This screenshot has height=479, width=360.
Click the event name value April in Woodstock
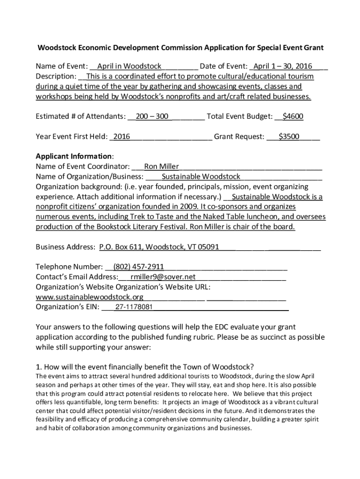click(129, 66)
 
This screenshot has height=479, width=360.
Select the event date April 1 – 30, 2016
click(283, 66)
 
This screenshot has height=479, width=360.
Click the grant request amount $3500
click(289, 137)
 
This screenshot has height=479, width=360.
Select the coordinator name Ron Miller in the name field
click(158, 166)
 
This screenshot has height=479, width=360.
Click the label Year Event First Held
click(71, 137)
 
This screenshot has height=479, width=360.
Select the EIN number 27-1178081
click(134, 307)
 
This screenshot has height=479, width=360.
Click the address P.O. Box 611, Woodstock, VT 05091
click(159, 247)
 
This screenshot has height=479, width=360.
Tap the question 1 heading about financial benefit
click(145, 366)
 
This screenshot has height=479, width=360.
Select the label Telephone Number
click(69, 267)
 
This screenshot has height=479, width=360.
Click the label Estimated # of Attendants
click(80, 116)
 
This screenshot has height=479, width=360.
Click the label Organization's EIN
click(67, 307)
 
